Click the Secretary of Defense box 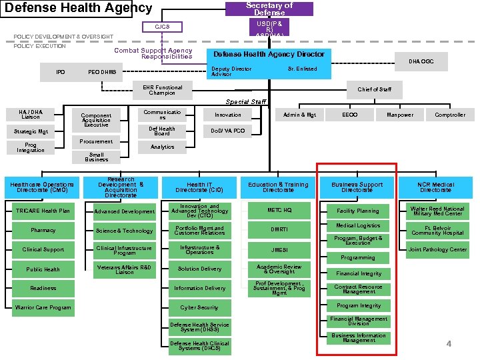(x=269, y=9)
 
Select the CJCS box (x=162, y=27)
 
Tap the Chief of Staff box (x=375, y=89)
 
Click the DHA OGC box (x=421, y=61)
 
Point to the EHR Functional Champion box (x=162, y=89)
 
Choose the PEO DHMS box (x=102, y=72)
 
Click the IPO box (x=61, y=72)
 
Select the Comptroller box (x=450, y=115)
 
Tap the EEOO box (x=349, y=115)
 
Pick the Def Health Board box (x=162, y=131)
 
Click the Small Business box (x=97, y=157)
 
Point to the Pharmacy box (x=43, y=231)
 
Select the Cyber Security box (x=199, y=307)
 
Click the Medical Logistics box (x=358, y=226)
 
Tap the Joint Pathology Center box (x=437, y=249)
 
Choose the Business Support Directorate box (x=357, y=187)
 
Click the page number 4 (x=449, y=343)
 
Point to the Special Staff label (x=245, y=102)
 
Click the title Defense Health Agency (x=78, y=9)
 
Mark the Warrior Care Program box (x=43, y=307)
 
